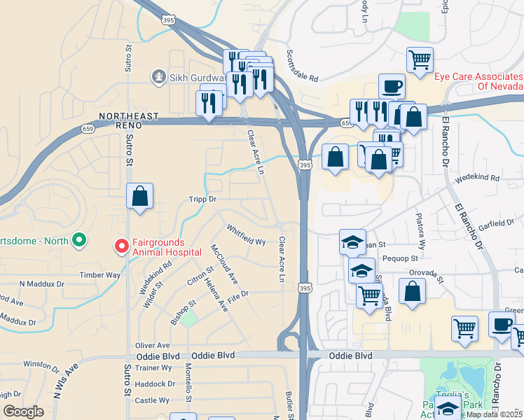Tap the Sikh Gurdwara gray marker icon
click(160, 78)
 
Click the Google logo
click(23, 412)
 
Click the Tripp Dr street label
click(203, 199)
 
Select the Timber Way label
click(99, 275)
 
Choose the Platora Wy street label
click(420, 232)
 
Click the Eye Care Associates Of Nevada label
click(478, 81)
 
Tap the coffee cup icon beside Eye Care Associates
click(392, 86)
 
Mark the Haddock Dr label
click(155, 384)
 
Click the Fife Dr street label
click(238, 297)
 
